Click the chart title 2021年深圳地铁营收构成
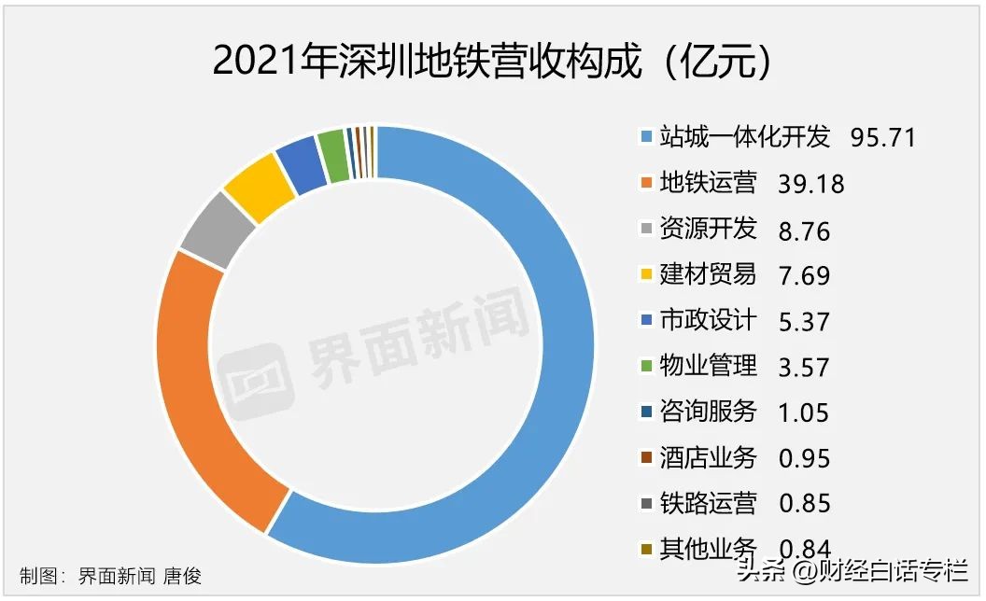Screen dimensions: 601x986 (492, 62)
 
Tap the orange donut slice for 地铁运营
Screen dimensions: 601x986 (201, 373)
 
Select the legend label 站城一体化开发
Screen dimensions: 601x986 (744, 137)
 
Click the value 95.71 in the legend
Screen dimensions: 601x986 (882, 138)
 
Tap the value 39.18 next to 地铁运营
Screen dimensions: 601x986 (810, 184)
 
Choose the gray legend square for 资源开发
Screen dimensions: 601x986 (645, 230)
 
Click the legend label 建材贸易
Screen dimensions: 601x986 (708, 274)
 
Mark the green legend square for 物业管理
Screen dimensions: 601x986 (645, 367)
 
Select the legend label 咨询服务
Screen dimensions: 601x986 (708, 412)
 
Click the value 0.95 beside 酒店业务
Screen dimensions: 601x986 (803, 458)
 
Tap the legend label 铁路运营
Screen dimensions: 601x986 (708, 503)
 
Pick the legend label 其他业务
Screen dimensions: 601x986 (708, 549)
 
